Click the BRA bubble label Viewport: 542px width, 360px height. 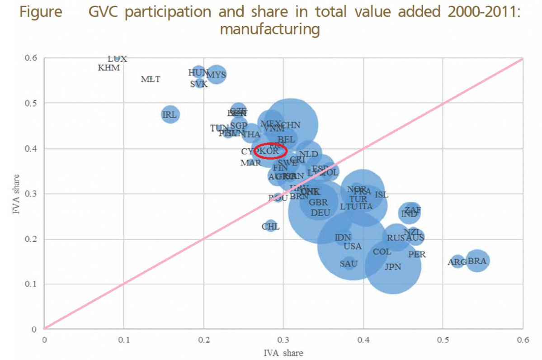click(477, 261)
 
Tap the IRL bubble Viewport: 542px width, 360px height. click(170, 114)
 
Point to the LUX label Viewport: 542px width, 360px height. click(118, 59)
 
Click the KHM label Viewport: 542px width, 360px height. click(109, 68)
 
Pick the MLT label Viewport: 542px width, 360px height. click(151, 79)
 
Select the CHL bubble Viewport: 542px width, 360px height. click(271, 226)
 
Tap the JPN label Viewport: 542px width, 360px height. click(393, 267)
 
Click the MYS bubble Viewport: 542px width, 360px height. click(217, 75)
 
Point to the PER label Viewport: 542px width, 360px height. click(417, 254)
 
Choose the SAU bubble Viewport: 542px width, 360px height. click(349, 263)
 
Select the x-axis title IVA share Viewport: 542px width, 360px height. click(283, 352)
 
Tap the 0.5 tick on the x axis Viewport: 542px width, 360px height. click(443, 338)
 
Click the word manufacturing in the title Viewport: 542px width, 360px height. click(270, 30)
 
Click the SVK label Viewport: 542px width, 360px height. click(199, 84)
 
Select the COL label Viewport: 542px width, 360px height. click(382, 252)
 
